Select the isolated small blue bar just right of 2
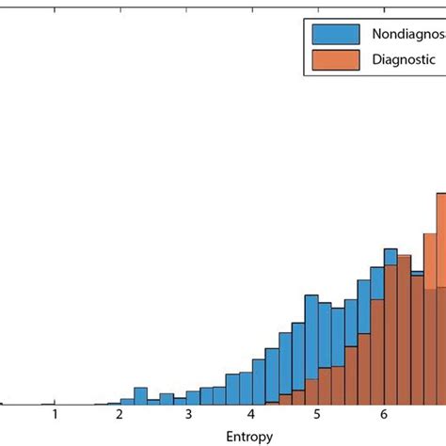pyautogui.click(x=140, y=396)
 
